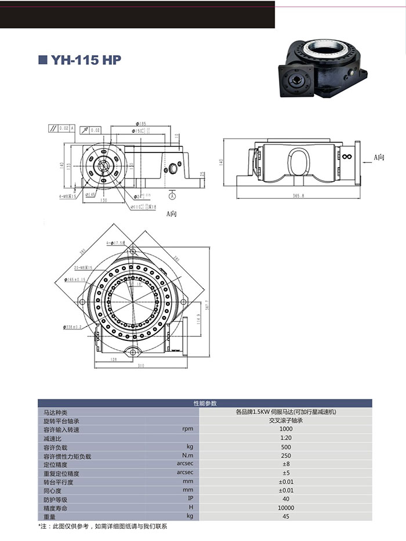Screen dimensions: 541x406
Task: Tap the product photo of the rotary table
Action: (321, 68)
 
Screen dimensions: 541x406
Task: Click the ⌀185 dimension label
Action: (142, 124)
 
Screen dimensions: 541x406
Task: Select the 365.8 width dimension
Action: (299, 197)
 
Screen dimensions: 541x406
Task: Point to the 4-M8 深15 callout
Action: (68, 196)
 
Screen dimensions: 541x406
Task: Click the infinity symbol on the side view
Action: (347, 157)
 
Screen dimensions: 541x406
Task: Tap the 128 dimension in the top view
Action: (114, 360)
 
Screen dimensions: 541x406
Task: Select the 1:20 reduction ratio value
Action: (286, 438)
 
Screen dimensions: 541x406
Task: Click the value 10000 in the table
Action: (286, 507)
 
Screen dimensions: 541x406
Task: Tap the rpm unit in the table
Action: (187, 429)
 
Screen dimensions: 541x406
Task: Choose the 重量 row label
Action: (49, 516)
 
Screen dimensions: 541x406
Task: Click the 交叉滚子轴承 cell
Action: (286, 420)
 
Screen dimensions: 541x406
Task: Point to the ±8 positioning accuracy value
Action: (286, 464)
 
